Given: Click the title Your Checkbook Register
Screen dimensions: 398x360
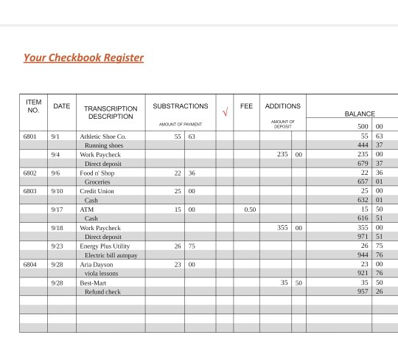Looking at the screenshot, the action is click(83, 58).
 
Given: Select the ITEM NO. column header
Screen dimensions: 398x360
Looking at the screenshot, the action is click(34, 106).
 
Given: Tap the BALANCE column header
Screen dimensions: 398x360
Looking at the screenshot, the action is click(360, 114).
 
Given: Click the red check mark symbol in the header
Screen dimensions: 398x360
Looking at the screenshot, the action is click(225, 112).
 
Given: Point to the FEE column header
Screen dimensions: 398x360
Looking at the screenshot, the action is click(246, 106).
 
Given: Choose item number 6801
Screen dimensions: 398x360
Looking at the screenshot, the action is click(30, 136).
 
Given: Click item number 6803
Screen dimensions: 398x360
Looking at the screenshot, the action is click(30, 191).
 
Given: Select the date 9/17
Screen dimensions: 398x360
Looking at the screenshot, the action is click(57, 210).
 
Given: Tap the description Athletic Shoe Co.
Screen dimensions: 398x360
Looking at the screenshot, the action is click(102, 136).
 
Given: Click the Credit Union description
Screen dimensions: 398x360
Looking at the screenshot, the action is click(97, 191).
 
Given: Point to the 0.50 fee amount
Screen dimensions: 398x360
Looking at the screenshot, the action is click(250, 210).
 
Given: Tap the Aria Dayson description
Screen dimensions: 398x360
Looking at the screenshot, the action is click(97, 264).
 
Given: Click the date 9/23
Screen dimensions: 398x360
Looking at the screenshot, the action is click(57, 246).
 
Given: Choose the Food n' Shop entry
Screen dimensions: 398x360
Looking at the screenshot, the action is click(97, 173).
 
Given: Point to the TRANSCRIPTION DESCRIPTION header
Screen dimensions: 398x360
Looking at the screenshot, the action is click(111, 112).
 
